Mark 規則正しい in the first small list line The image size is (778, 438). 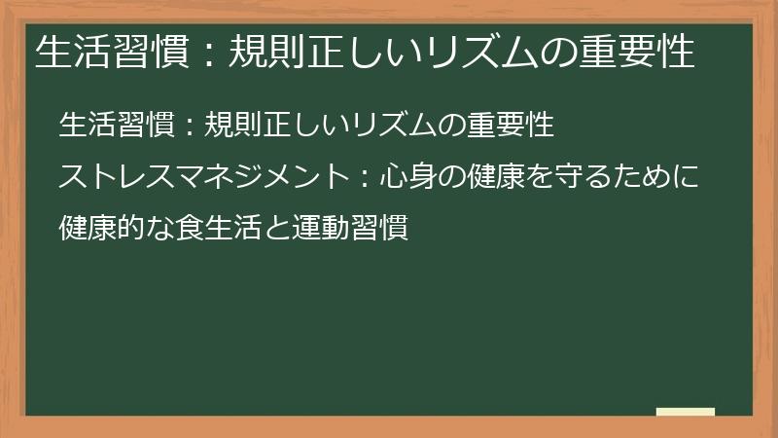262,126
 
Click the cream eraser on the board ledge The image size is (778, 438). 685,412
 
